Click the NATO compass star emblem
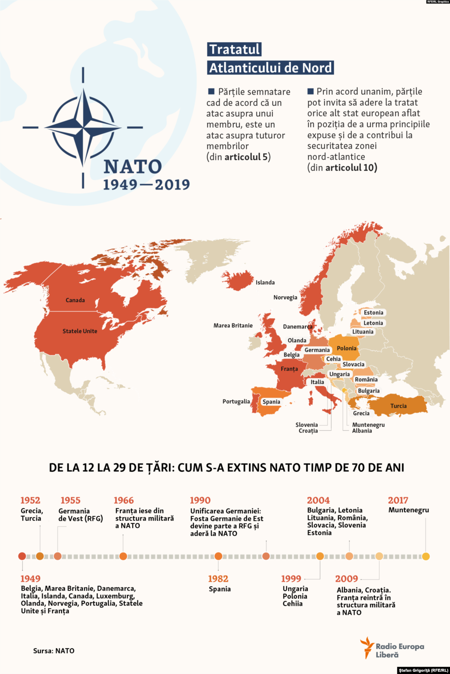pos(83,128)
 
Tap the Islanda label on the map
pos(265,283)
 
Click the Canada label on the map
pos(75,300)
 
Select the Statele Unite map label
pos(80,331)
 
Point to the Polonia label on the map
pos(347,348)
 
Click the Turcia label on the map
pos(399,406)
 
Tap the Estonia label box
pos(374,313)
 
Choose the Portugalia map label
pos(236,402)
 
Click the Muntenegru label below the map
pos(368,425)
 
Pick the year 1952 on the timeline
pos(30,500)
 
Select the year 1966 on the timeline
pos(123,500)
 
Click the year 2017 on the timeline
pos(398,500)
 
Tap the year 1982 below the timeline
pos(218,579)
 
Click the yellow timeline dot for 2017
pos(425,556)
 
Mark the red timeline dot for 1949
pos(22,556)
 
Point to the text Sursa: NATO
pos(54,651)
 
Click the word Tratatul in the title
pos(234,49)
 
